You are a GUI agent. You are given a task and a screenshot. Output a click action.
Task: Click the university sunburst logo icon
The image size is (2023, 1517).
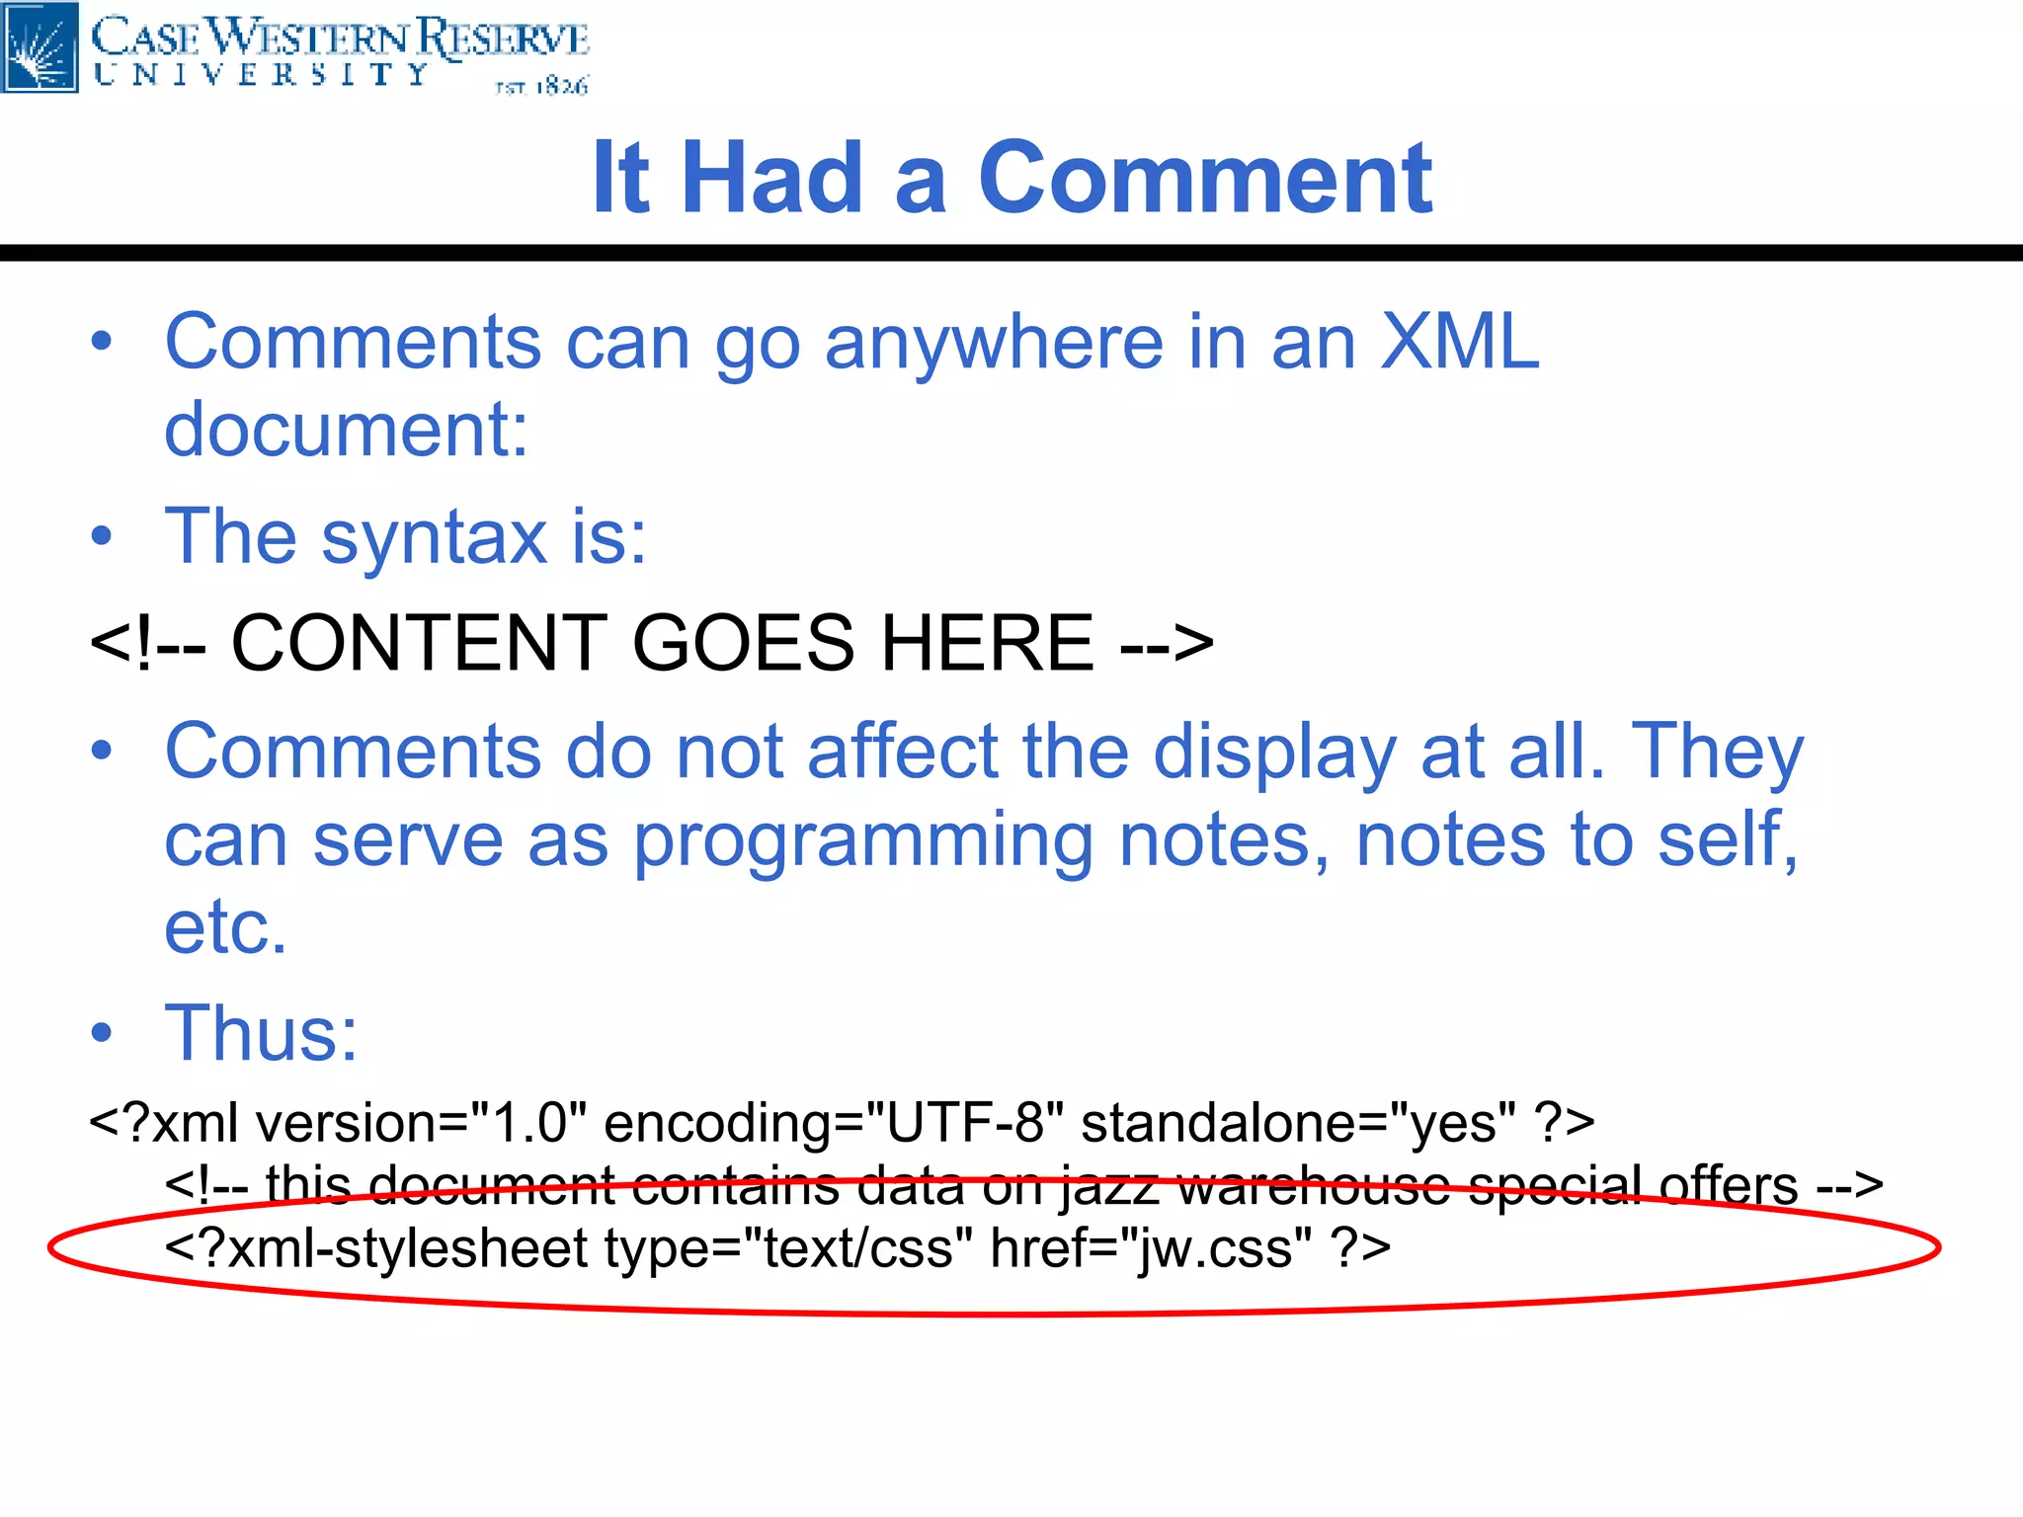click(x=40, y=46)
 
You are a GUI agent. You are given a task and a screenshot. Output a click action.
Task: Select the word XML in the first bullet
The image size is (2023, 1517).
click(x=1459, y=342)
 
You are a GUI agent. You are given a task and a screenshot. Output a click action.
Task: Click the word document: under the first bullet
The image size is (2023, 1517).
click(x=346, y=430)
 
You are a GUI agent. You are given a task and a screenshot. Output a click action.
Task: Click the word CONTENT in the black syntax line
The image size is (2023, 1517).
click(x=419, y=643)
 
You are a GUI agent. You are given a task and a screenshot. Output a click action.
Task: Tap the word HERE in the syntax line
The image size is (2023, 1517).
click(x=987, y=643)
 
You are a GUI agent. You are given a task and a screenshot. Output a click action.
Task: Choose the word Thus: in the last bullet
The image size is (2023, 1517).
click(x=261, y=1033)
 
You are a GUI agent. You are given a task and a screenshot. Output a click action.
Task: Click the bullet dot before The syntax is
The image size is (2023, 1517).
click(x=102, y=536)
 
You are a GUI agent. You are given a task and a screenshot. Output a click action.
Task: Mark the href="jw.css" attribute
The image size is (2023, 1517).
click(x=1151, y=1248)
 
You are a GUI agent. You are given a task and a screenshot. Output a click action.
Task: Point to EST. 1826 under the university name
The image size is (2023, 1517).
click(x=541, y=87)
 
